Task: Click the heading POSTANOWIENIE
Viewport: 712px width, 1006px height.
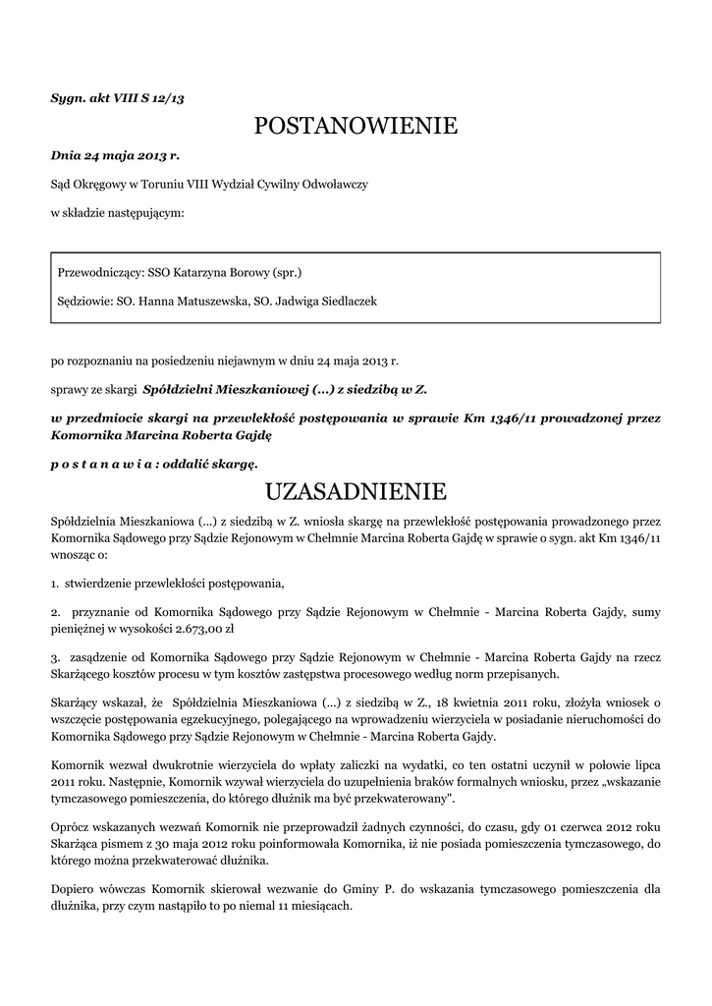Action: (356, 126)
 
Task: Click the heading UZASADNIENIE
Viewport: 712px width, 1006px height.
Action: (356, 490)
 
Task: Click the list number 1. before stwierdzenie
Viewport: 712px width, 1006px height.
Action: (55, 584)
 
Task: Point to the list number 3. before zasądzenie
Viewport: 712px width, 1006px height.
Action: (55, 654)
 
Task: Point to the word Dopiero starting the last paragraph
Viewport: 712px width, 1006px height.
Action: (74, 889)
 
